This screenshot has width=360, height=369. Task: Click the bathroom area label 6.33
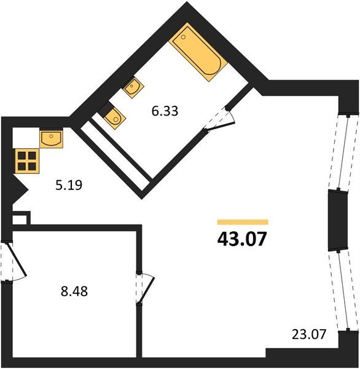(x=165, y=111)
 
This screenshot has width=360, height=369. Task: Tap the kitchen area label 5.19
(x=69, y=185)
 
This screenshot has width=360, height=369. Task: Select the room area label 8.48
(x=74, y=291)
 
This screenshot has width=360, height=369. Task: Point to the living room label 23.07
(x=309, y=334)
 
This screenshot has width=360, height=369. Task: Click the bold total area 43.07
(x=242, y=239)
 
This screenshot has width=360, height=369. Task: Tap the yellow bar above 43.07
(x=243, y=222)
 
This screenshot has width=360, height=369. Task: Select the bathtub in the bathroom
(x=198, y=52)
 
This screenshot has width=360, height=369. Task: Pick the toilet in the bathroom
(x=112, y=116)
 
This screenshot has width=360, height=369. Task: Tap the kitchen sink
(x=51, y=138)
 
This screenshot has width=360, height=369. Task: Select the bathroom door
(x=219, y=119)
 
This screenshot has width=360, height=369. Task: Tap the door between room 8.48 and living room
(x=144, y=288)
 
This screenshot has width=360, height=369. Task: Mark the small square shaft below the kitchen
(x=21, y=218)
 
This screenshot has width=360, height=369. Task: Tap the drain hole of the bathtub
(x=184, y=37)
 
